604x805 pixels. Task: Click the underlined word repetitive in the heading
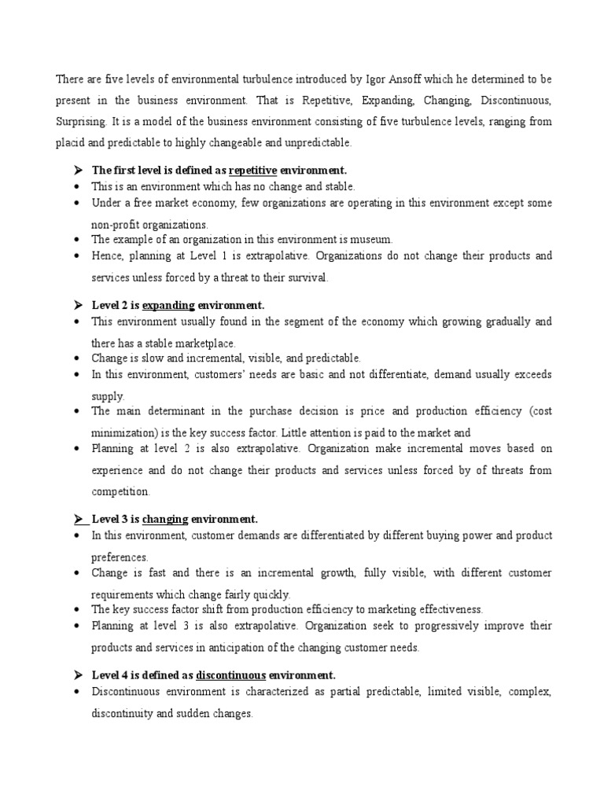coord(253,170)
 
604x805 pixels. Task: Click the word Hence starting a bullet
coord(107,255)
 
